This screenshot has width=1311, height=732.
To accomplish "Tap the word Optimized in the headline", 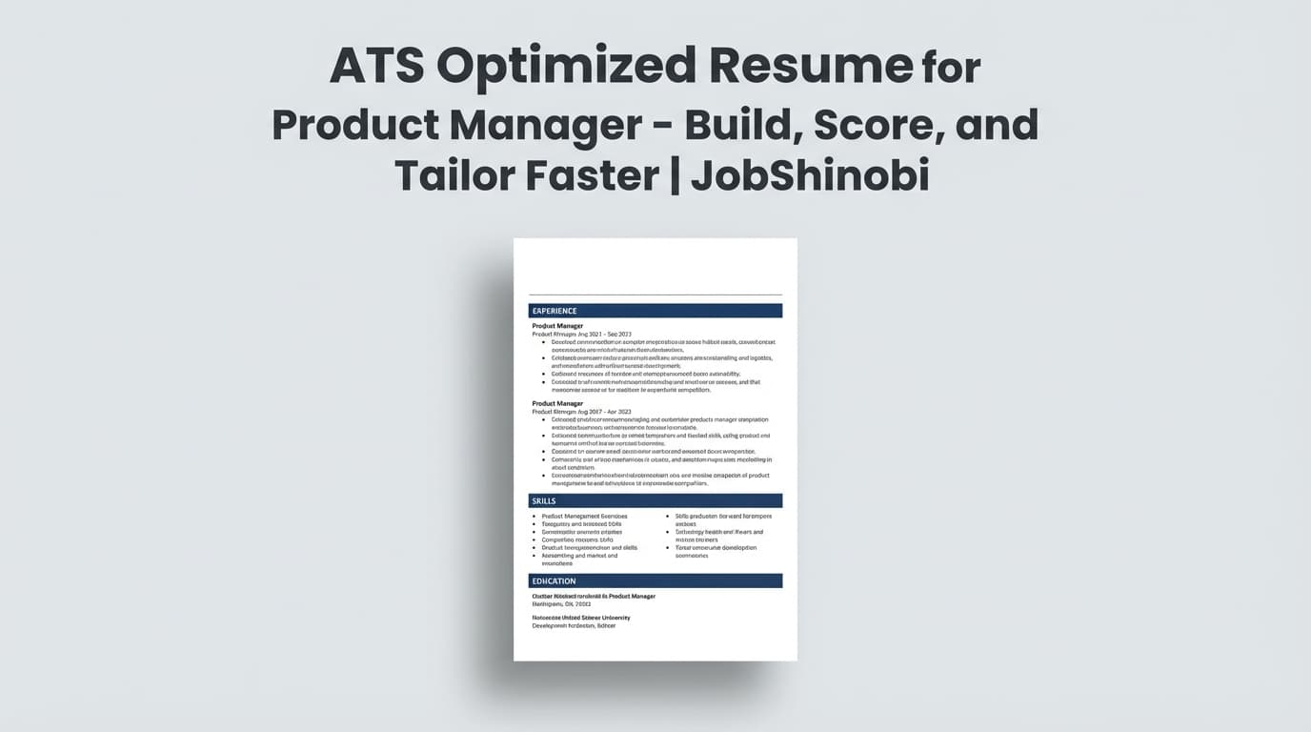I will tap(564, 66).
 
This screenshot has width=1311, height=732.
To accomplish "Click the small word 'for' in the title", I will tap(951, 68).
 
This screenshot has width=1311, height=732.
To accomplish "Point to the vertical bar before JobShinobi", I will tap(676, 175).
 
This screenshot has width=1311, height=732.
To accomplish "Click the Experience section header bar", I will tap(655, 311).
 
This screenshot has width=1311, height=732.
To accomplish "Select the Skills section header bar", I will tap(655, 500).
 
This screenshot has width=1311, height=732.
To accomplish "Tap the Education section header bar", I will tap(655, 580).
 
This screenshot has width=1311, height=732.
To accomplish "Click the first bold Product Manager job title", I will tap(557, 326).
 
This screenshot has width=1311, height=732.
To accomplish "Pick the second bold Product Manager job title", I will tap(557, 403).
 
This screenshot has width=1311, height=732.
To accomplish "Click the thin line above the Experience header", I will tap(655, 295).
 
